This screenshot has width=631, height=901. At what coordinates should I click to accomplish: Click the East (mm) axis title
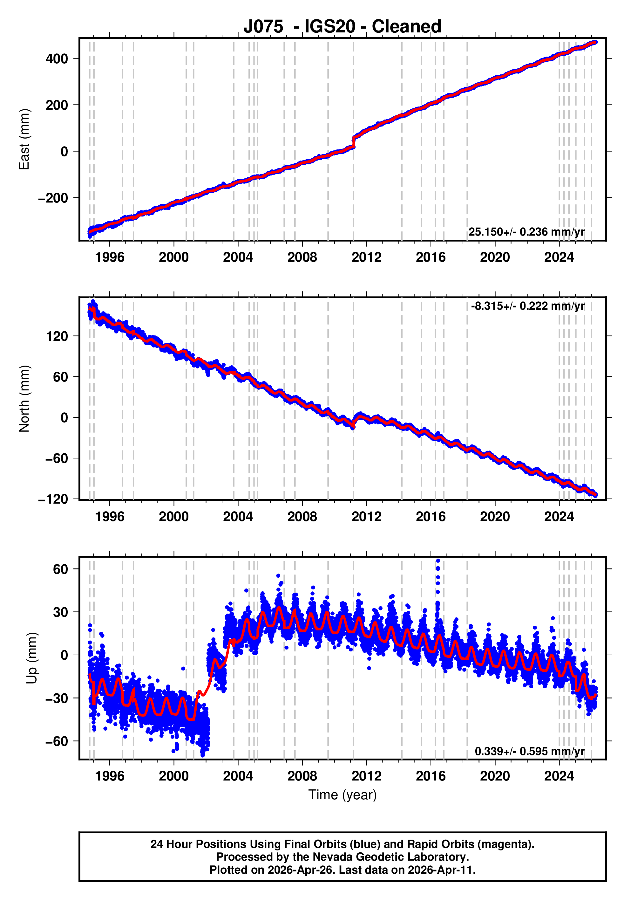pyautogui.click(x=24, y=139)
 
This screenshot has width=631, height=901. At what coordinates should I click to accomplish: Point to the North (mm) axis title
pyautogui.click(x=24, y=398)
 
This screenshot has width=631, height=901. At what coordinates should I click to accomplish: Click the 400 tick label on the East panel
pyautogui.click(x=57, y=59)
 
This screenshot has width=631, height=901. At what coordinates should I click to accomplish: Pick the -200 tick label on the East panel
pyautogui.click(x=53, y=198)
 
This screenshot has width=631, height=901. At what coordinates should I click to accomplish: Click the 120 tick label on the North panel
pyautogui.click(x=57, y=336)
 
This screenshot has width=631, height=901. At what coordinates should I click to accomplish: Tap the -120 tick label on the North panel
pyautogui.click(x=53, y=499)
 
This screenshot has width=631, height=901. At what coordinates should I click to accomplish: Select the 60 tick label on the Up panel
pyautogui.click(x=60, y=569)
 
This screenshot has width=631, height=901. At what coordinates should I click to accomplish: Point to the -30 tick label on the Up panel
pyautogui.click(x=57, y=698)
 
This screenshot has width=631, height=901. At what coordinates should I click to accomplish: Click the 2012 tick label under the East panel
pyautogui.click(x=366, y=258)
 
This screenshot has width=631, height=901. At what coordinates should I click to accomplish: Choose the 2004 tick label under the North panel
pyautogui.click(x=238, y=517)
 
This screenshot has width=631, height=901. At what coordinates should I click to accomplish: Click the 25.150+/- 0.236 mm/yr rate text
pyautogui.click(x=526, y=232)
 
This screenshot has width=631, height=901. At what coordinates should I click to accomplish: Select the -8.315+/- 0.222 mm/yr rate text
pyautogui.click(x=527, y=306)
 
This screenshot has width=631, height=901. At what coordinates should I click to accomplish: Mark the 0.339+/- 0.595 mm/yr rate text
pyautogui.click(x=529, y=751)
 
